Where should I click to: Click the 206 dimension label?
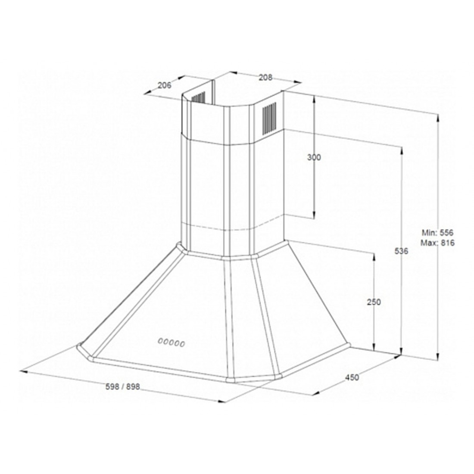click(165, 85)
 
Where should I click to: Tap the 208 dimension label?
click(266, 78)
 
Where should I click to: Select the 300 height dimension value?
click(314, 157)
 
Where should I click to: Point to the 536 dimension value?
click(402, 251)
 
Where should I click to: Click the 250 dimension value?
click(374, 302)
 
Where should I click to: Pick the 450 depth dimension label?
click(352, 377)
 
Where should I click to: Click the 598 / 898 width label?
click(123, 387)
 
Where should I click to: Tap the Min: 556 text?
click(438, 232)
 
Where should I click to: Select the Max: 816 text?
click(438, 243)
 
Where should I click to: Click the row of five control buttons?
click(172, 343)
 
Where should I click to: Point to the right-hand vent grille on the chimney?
click(269, 118)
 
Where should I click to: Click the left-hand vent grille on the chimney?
click(198, 98)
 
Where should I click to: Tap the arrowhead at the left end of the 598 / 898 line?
click(23, 371)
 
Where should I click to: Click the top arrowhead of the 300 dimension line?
click(314, 98)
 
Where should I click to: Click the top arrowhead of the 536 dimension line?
click(402, 150)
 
